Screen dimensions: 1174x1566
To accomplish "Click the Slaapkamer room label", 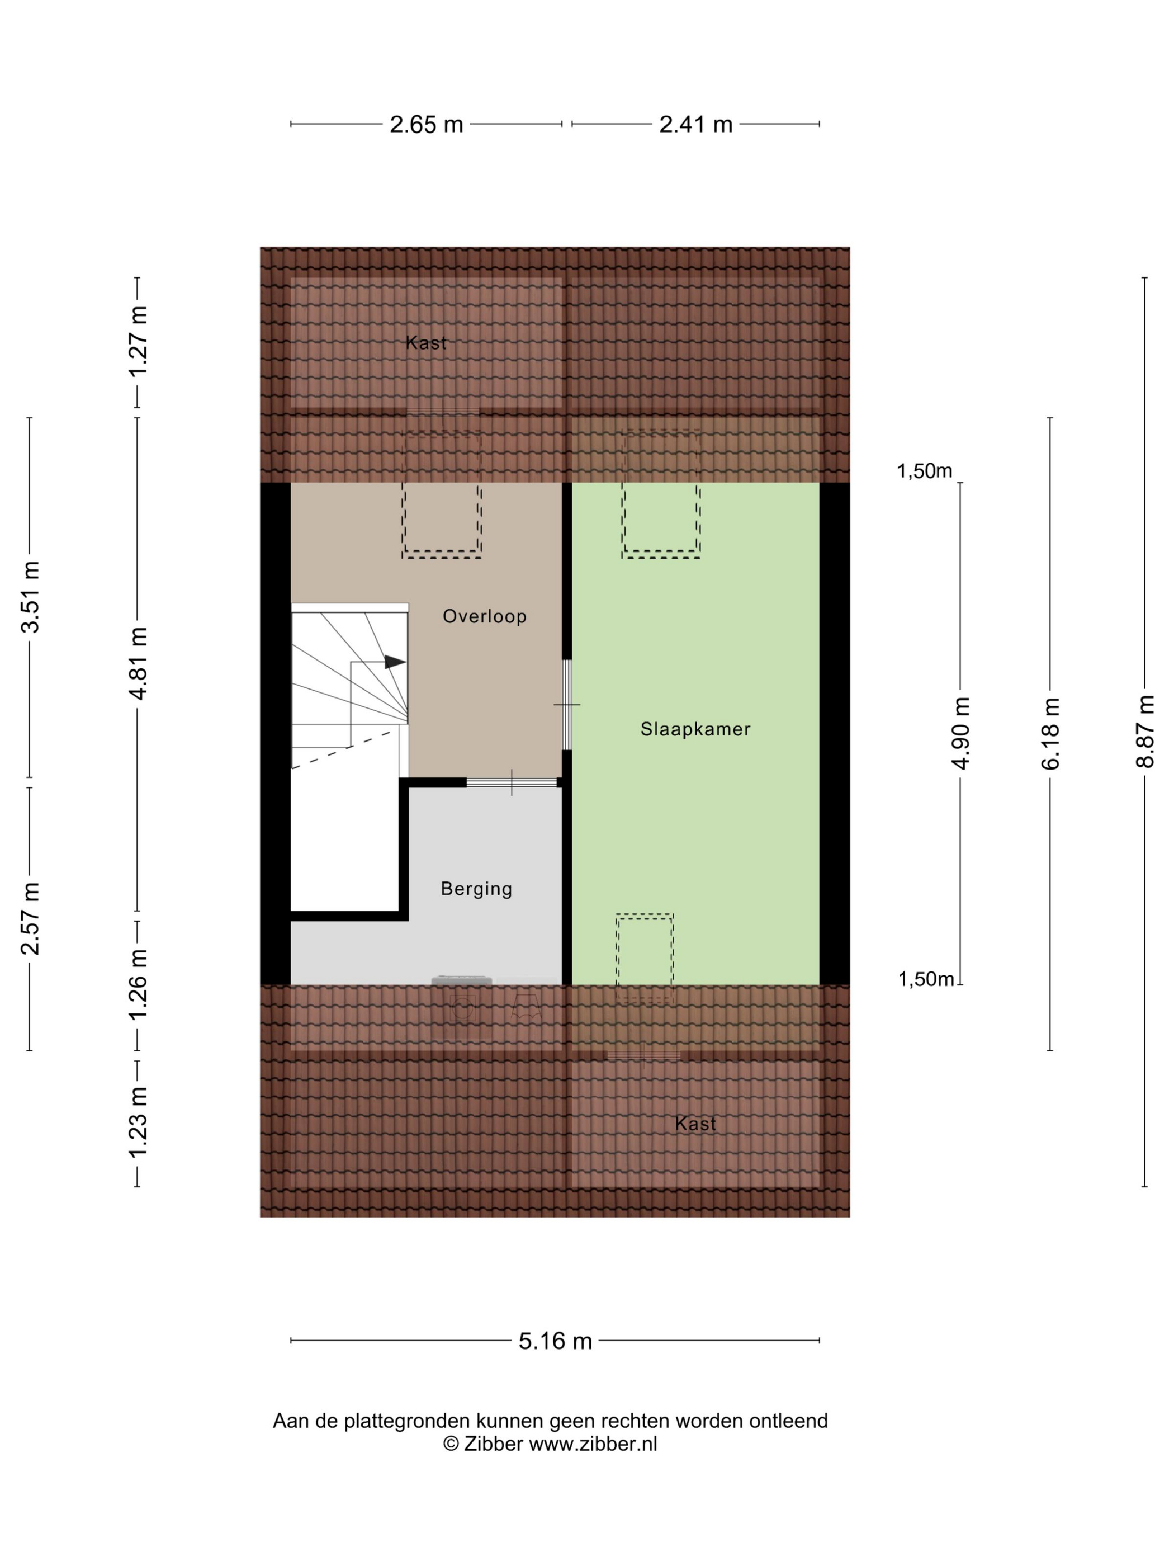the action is pyautogui.click(x=695, y=729).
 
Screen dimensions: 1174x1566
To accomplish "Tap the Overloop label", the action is pyautogui.click(x=485, y=617).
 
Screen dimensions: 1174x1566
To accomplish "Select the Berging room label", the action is pyautogui.click(x=476, y=890).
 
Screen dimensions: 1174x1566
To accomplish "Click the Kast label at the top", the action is pyautogui.click(x=426, y=343).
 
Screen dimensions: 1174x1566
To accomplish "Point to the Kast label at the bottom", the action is pyautogui.click(x=695, y=1124).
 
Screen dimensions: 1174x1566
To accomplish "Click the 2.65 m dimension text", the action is pyautogui.click(x=427, y=125).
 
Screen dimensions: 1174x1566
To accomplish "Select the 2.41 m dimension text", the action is pyautogui.click(x=695, y=125).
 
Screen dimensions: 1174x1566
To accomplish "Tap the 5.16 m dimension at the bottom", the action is pyautogui.click(x=556, y=1341).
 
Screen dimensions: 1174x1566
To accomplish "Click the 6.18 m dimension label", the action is pyautogui.click(x=1050, y=733).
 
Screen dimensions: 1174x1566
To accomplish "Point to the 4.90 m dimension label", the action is pyautogui.click(x=961, y=733).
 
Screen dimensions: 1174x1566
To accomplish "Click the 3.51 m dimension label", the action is pyautogui.click(x=30, y=597).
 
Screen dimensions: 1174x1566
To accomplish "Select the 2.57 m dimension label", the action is pyautogui.click(x=30, y=919).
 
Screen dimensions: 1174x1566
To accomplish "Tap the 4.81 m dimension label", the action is pyautogui.click(x=138, y=663).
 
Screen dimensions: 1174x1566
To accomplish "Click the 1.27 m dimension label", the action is pyautogui.click(x=138, y=342).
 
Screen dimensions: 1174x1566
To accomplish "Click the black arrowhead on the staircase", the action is pyautogui.click(x=395, y=663).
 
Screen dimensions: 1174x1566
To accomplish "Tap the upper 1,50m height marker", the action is pyautogui.click(x=924, y=471).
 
